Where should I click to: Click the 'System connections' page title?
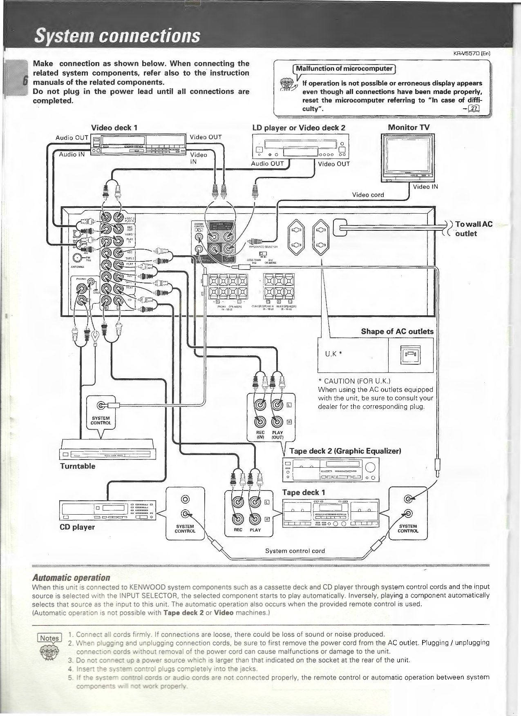pos(117,36)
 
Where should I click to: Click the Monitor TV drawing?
pos(407,158)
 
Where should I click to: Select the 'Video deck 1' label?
pos(114,127)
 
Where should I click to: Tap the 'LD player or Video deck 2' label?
pos(299,127)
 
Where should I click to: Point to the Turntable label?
pos(78,466)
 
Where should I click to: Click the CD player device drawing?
pos(108,511)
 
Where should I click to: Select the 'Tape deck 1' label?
pos(303,492)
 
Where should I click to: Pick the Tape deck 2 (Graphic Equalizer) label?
pos(345,451)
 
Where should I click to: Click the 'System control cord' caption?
pos(295,551)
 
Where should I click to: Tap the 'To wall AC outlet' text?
pos(473,229)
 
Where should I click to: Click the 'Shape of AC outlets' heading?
pos(397,331)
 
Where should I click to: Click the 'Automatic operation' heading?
pos(71,578)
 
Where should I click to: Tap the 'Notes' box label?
pos(49,638)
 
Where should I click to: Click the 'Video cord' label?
pos(368,195)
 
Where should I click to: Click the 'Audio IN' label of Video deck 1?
pos(72,154)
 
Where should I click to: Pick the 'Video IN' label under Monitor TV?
pos(425,187)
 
